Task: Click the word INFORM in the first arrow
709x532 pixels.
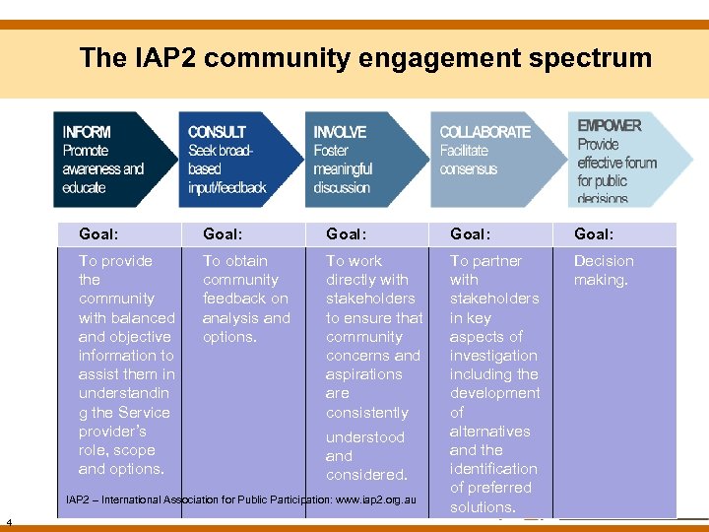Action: (87, 132)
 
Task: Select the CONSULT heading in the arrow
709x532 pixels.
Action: (217, 132)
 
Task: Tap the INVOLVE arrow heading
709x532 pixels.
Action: (340, 132)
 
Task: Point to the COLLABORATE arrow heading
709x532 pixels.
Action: (484, 132)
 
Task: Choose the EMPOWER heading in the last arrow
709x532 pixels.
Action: (609, 126)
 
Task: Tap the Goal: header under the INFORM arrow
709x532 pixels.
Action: (98, 234)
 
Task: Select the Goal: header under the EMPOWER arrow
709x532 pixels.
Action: (594, 234)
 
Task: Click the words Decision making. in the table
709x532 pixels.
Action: (604, 270)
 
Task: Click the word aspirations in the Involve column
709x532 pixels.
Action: (364, 374)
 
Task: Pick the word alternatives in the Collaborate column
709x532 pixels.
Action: (489, 431)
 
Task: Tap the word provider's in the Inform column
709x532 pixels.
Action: (113, 432)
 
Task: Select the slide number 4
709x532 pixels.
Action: (9, 521)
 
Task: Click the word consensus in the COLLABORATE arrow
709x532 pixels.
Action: (468, 169)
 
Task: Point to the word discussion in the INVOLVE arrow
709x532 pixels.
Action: (342, 187)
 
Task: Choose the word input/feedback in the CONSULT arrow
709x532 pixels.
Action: (227, 187)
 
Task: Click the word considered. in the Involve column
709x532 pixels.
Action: (366, 475)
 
